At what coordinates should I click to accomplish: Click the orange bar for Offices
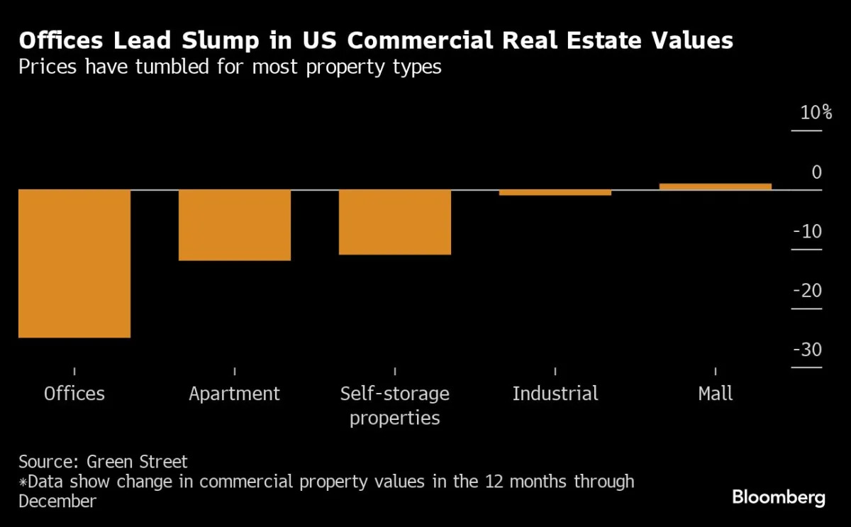coord(74,263)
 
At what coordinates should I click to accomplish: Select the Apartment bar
coord(235,225)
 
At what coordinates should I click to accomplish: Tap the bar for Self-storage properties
coord(395,222)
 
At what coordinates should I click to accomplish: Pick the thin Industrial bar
coord(555,192)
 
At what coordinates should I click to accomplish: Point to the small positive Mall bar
coord(716,187)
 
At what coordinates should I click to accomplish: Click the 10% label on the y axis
coord(816,113)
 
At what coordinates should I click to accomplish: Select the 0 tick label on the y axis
coord(816,172)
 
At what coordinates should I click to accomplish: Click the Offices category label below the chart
coord(74,394)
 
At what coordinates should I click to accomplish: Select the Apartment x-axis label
coord(235,394)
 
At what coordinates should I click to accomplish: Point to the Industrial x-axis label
coord(555,394)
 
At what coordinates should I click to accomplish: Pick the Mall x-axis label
coord(716,394)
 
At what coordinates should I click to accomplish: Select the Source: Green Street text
coord(104,462)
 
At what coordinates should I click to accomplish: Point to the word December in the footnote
coord(57,501)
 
